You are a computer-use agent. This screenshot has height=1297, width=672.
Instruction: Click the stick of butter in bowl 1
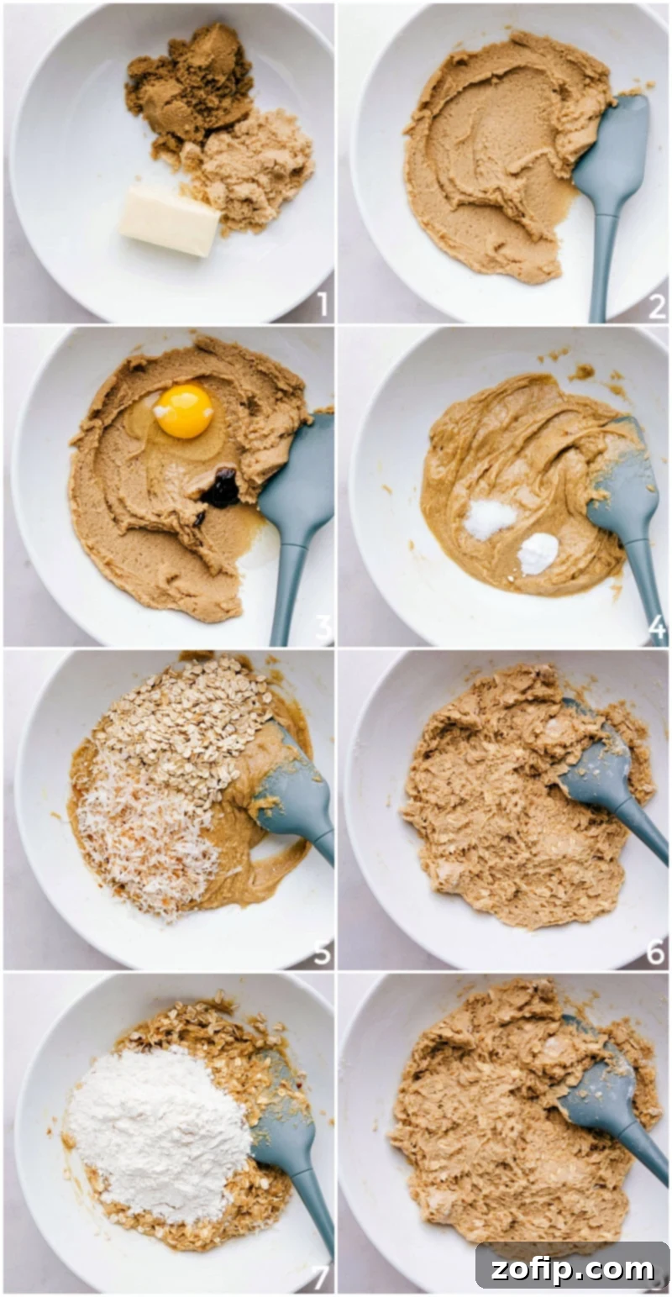click(171, 221)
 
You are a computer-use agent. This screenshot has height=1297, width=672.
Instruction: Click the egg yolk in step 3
click(184, 411)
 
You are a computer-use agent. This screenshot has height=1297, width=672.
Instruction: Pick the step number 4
click(656, 627)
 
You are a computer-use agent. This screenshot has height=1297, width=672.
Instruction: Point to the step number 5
click(321, 953)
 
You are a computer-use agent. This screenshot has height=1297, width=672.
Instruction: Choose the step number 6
click(656, 953)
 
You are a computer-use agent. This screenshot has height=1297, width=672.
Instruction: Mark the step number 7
click(320, 1277)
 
